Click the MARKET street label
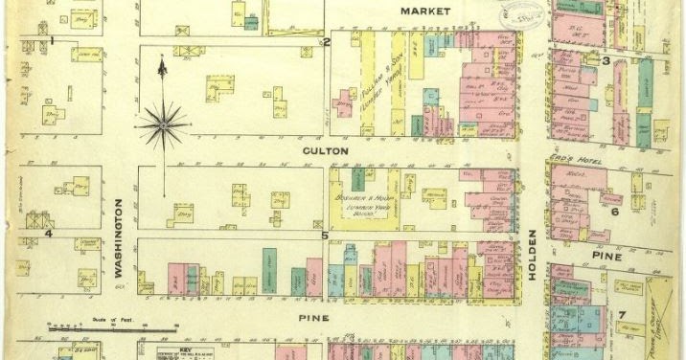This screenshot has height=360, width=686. point(424,11)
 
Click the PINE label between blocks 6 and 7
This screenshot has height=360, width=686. point(606,257)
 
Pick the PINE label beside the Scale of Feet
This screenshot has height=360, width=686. point(313,317)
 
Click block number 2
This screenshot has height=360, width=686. point(326,42)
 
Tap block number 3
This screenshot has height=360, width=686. point(606,61)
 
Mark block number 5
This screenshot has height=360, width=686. point(325,235)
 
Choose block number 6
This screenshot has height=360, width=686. point(614,211)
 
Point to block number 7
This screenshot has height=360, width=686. point(621,316)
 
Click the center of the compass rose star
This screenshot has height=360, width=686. point(165,122)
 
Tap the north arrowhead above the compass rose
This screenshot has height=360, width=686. point(163,64)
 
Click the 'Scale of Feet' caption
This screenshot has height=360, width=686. point(103,322)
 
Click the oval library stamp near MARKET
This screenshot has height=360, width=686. point(521,11)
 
